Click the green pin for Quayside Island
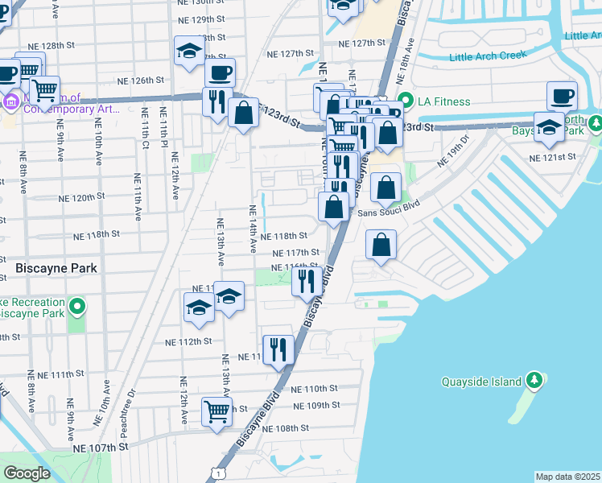533,380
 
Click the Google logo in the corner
27,473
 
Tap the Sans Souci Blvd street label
390,213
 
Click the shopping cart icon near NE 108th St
217,411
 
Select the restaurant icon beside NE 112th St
278,348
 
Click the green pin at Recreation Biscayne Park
77,306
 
